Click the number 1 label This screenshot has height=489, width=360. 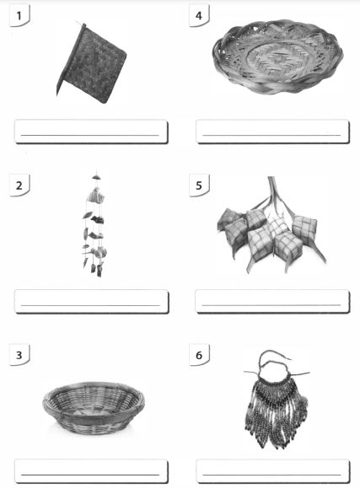tap(19, 15)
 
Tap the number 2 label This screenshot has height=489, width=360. tap(19, 185)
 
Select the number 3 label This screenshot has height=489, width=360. tap(19, 355)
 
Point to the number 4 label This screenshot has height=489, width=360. tap(199, 15)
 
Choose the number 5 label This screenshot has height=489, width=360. tap(199, 185)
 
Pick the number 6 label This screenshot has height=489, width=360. tap(199, 355)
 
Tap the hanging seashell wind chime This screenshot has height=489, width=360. tap(95, 224)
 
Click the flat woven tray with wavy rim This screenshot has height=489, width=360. tap(277, 56)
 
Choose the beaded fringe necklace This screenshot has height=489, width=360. tap(276, 402)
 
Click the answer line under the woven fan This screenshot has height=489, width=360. tap(90, 136)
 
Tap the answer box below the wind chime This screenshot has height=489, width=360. tap(91, 301)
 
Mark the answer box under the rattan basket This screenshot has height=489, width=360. tap(91, 471)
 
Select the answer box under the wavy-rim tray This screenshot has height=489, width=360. tap(272, 132)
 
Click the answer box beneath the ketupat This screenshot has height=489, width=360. tap(272, 301)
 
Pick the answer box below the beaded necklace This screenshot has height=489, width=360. tap(272, 471)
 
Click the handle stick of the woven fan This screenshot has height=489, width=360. tap(70, 59)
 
